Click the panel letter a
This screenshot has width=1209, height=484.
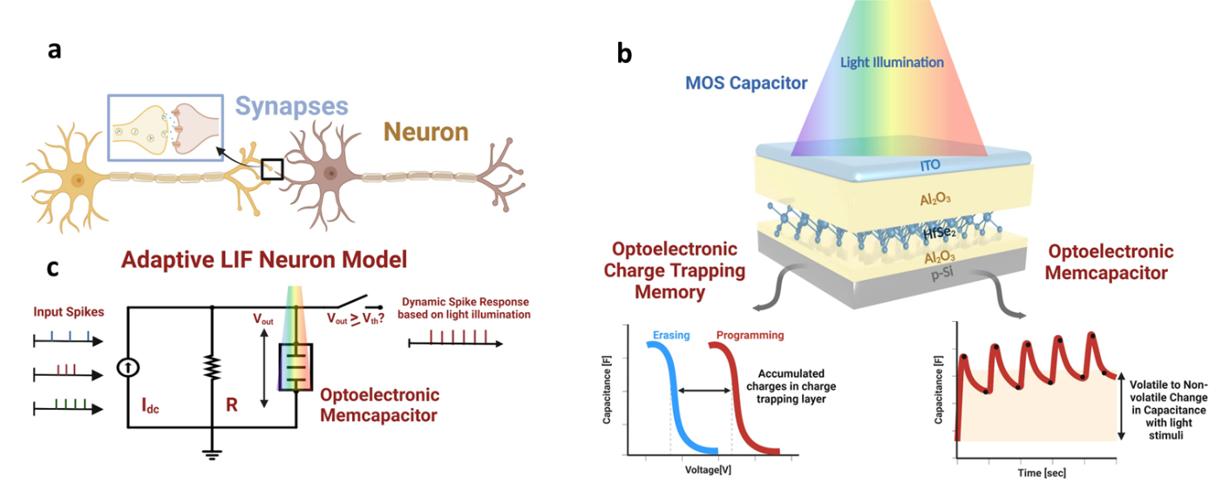coord(55,51)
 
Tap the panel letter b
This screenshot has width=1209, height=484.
coord(625,53)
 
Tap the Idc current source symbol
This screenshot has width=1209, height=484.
coord(129,368)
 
